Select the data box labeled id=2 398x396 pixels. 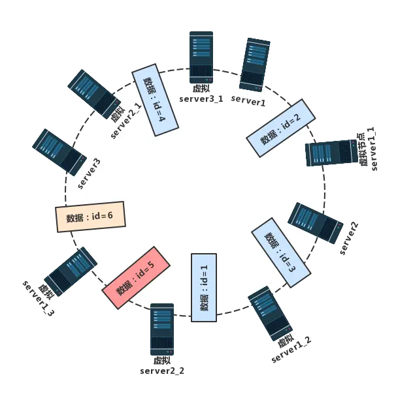click(x=280, y=128)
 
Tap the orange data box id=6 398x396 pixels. click(x=90, y=217)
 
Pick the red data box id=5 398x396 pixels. click(x=137, y=277)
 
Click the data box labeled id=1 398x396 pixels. click(x=203, y=288)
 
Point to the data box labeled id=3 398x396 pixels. click(x=279, y=251)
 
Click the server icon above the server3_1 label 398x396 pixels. click(x=201, y=57)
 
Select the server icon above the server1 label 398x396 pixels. click(x=255, y=64)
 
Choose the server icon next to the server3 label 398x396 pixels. click(x=59, y=151)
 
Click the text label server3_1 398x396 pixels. click(x=201, y=99)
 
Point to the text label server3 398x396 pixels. click(x=90, y=173)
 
